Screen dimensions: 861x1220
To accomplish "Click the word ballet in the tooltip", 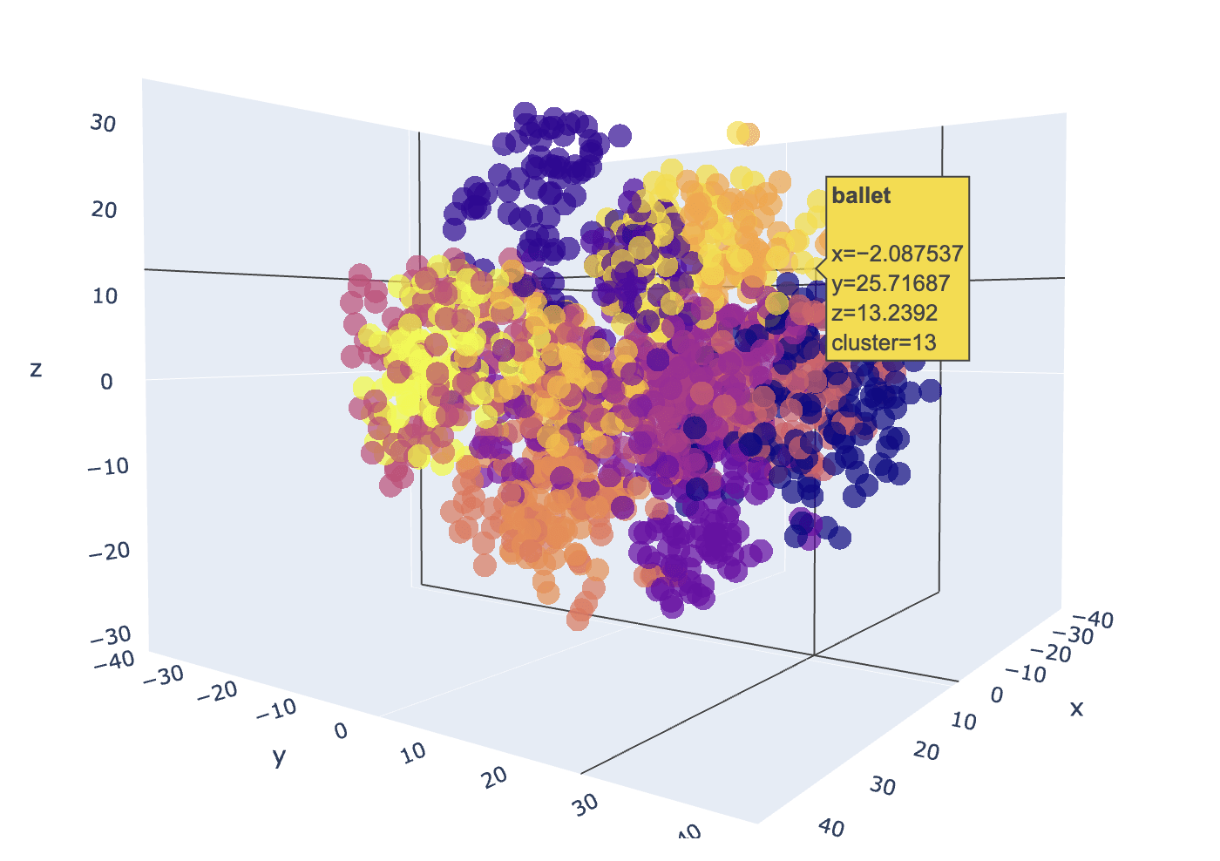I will pos(861,196).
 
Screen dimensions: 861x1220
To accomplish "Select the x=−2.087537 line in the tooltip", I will pos(897,254).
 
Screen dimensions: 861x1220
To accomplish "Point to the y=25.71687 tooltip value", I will pos(890,283).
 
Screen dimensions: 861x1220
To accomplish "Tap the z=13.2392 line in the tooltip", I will pos(884,313).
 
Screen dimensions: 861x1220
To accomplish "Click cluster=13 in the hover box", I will pos(884,342).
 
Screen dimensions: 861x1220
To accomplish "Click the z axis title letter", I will pos(36,369).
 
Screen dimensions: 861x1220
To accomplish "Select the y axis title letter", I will pos(279,756).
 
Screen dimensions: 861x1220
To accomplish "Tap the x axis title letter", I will pos(1077,708).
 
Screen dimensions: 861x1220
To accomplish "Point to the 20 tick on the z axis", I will pos(104,210).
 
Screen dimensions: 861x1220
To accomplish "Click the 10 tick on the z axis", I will pos(105,296).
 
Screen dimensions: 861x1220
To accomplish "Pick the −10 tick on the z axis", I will pos(108,466).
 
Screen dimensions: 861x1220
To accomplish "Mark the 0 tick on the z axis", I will pos(106,382).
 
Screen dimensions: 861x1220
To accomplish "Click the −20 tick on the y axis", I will pos(217,692).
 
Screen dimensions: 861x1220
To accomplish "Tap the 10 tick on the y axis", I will pos(414,752).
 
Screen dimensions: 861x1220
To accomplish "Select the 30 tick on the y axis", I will pos(586,803).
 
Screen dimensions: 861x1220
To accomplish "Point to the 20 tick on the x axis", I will pos(926,751).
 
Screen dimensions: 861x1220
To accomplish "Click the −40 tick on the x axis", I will pos(1095,620).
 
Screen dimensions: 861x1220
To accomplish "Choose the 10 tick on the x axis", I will pos(963,722).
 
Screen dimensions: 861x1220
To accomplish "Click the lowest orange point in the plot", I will pos(578,619).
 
